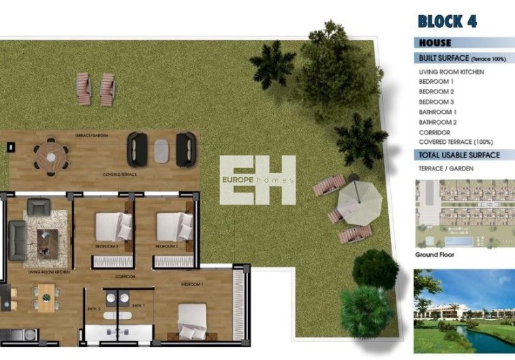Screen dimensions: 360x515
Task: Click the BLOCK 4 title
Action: coord(447,21)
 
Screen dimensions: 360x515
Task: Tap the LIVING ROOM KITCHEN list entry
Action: coord(452,72)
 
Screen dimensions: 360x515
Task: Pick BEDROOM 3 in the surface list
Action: coord(436,102)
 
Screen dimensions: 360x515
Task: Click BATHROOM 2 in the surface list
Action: coord(437,122)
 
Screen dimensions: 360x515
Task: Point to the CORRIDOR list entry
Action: coord(434,132)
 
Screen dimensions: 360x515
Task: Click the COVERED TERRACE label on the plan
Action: coord(119,175)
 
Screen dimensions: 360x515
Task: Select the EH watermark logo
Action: coord(257,180)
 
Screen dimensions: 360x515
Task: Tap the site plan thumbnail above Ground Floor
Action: coord(464,212)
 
